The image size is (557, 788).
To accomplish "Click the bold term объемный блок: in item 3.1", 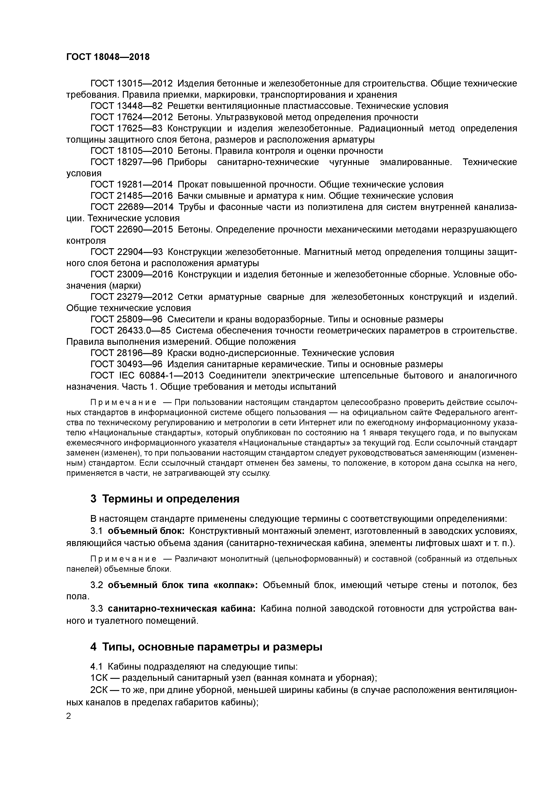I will point(146,531).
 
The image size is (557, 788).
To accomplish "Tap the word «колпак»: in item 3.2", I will point(236,585).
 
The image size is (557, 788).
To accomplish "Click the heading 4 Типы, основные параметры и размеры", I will point(206,647).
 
